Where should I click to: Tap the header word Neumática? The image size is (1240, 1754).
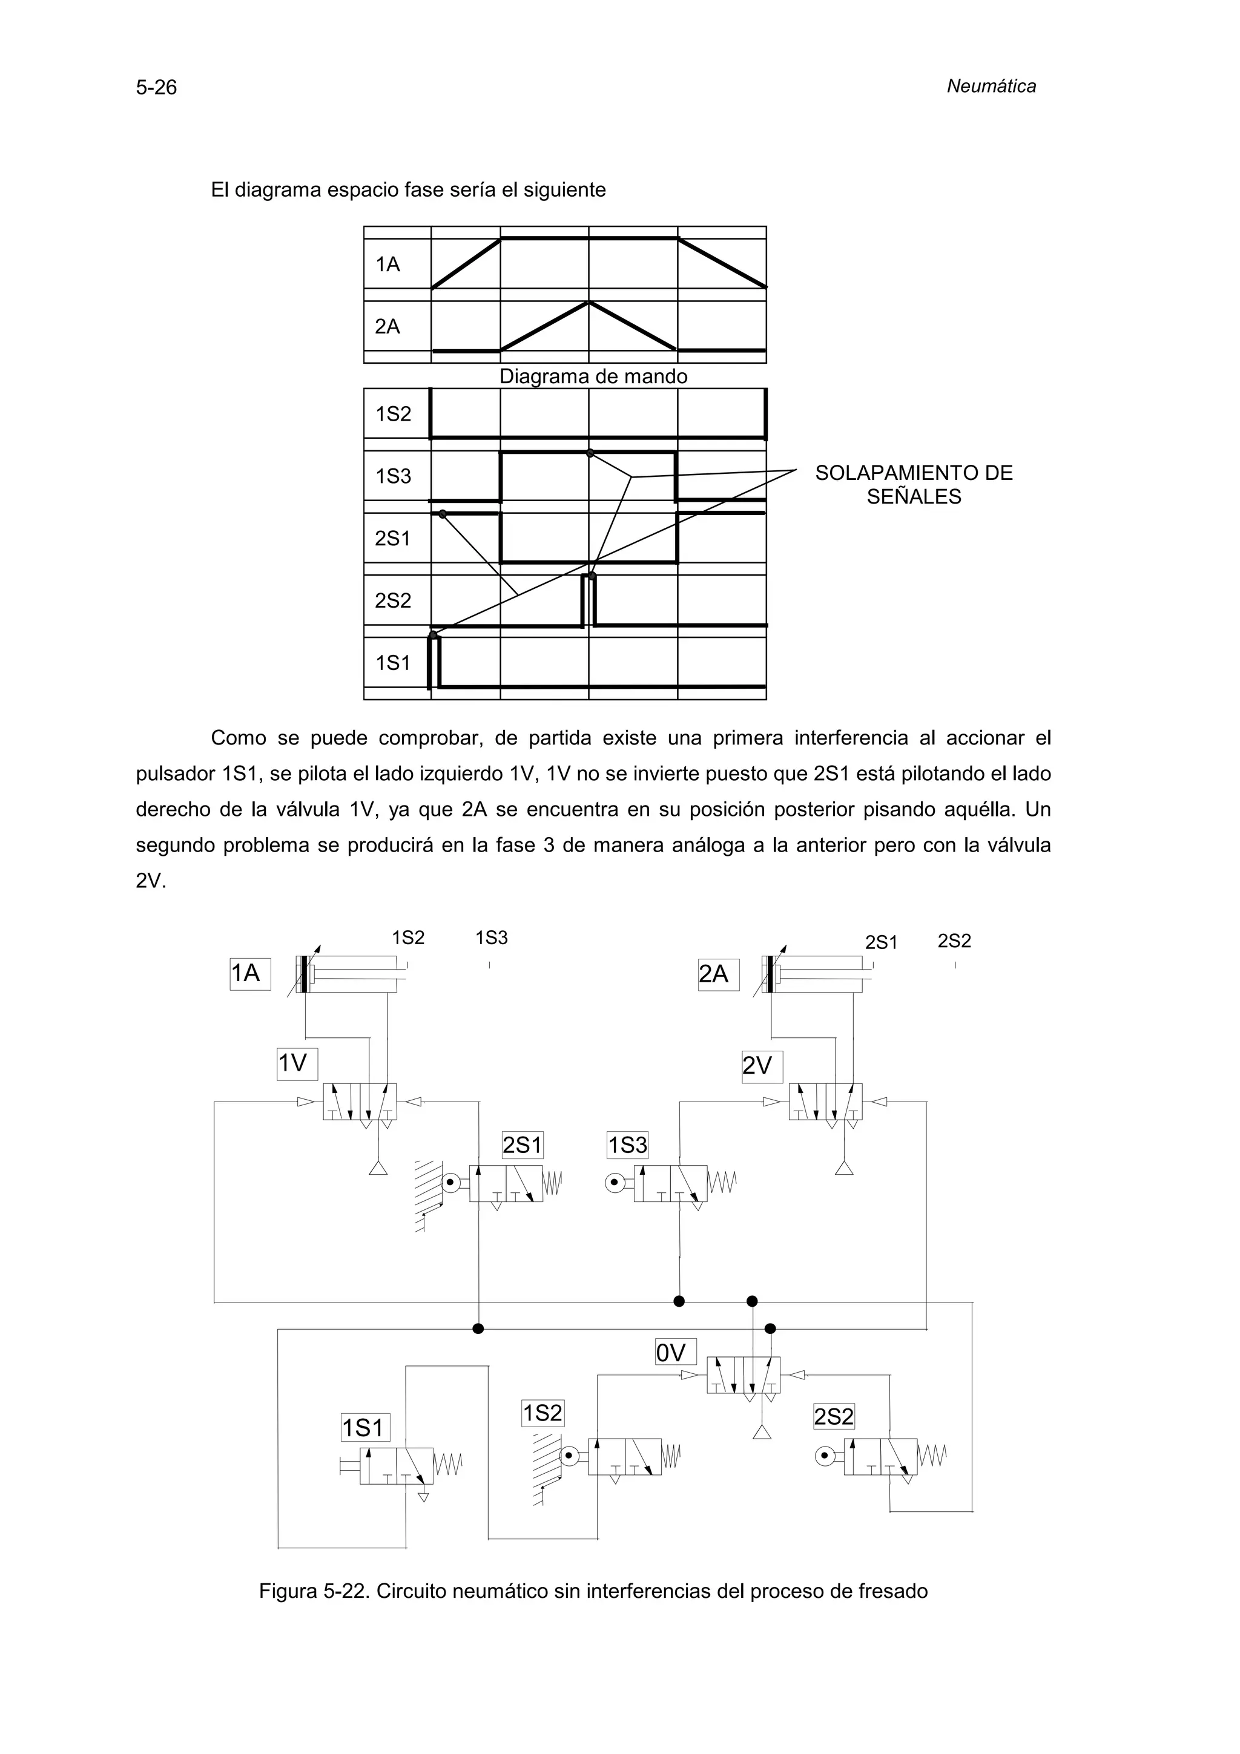[991, 87]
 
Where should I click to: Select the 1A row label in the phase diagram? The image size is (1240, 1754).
[387, 264]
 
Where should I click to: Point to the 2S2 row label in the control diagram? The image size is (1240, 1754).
[393, 600]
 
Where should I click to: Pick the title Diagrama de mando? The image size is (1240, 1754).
[593, 376]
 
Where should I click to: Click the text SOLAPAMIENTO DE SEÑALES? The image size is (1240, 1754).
[914, 484]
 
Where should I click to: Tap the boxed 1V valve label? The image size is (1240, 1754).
[297, 1063]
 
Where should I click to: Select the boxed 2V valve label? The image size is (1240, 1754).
[762, 1066]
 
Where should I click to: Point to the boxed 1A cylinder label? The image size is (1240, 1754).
[250, 973]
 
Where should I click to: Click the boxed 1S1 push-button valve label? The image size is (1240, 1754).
[365, 1428]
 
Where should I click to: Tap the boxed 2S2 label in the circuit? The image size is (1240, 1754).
[834, 1417]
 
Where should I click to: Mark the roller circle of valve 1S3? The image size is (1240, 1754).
[615, 1183]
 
